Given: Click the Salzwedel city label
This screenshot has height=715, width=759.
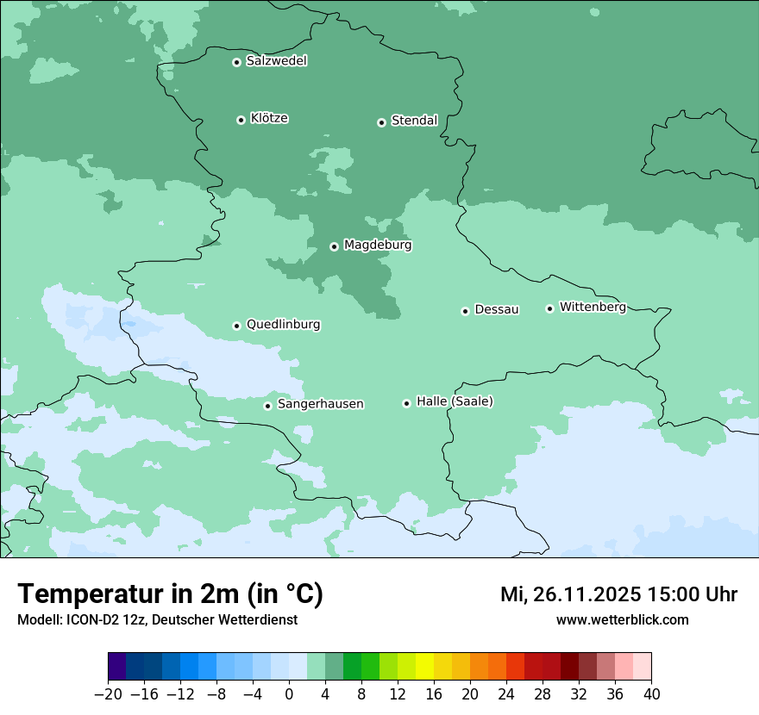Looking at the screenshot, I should [276, 61].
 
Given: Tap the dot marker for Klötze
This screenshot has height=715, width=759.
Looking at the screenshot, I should [241, 120].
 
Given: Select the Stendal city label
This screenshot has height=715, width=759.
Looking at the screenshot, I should [414, 121].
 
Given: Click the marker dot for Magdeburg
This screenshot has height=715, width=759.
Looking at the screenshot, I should [334, 246].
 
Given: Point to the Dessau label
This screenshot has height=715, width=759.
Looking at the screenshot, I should [497, 309].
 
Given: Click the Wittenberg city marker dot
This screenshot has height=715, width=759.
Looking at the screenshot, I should [549, 308].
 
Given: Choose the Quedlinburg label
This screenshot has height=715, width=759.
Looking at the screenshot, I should [283, 325].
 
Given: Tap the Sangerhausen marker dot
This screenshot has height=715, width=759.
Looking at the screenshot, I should [267, 406].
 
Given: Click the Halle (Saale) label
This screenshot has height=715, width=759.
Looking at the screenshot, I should [455, 401].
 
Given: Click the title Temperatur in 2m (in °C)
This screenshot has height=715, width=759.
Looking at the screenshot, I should [170, 594].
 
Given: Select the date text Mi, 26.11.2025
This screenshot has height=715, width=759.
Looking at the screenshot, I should [569, 594].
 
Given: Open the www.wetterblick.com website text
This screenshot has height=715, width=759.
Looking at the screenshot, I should [622, 619].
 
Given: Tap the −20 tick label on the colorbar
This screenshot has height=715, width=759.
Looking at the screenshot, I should [108, 694].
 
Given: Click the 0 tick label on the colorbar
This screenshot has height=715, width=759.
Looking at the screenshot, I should [289, 694].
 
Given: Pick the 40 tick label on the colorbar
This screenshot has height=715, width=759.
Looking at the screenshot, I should [651, 694].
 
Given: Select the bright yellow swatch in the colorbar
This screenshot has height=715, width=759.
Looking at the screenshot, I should [424, 667].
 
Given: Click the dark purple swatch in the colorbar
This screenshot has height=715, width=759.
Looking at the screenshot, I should [117, 667].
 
